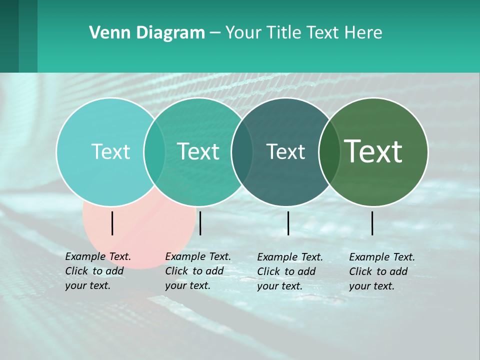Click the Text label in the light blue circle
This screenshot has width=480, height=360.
110,151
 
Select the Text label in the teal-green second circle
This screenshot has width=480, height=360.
198,151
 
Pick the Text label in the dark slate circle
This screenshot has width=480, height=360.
285,151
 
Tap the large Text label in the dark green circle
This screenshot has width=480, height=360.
373,151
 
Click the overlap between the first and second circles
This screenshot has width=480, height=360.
154,151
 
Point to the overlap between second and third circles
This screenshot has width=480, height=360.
242,151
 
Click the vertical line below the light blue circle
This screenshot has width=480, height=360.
112,223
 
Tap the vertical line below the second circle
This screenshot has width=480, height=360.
200,223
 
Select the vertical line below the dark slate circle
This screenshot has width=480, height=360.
288,223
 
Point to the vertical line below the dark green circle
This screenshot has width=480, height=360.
372,223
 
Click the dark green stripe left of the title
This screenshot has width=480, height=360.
9,36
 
